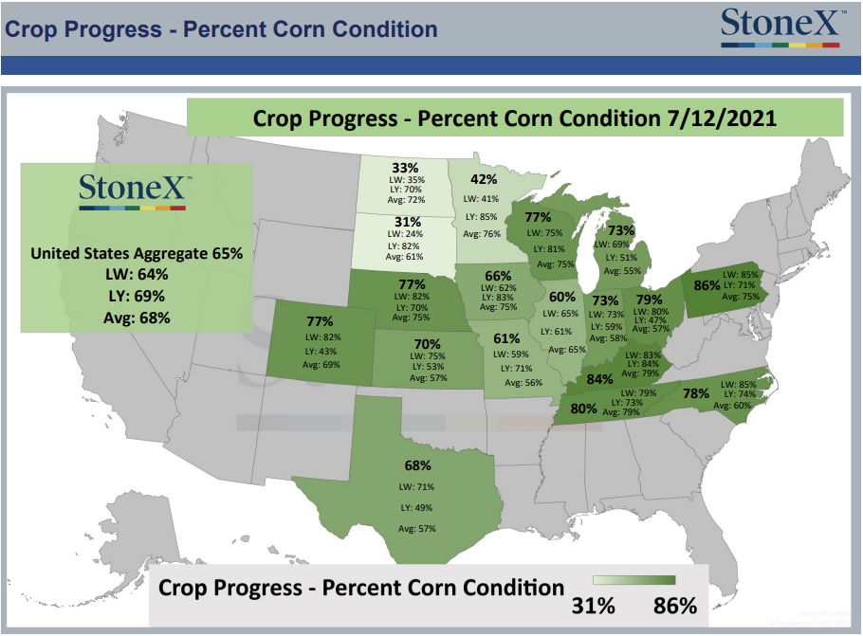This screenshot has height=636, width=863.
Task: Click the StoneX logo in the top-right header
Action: point(781,27)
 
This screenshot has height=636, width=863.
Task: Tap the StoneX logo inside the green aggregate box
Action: point(133,191)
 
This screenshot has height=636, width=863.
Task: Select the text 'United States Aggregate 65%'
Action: point(137,253)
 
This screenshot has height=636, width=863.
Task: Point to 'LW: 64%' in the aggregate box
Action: point(137,275)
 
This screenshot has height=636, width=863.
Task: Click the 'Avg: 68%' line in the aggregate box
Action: point(137,318)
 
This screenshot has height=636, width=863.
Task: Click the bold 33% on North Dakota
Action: point(405,168)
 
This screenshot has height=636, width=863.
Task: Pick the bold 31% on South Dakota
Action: point(407,222)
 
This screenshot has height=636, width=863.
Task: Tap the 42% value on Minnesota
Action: point(484,179)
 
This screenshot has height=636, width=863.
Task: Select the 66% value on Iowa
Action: point(498,276)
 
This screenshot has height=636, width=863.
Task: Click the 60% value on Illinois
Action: point(562,297)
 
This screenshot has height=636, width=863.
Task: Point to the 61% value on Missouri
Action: point(506,338)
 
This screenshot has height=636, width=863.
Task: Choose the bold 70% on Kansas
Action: point(427,344)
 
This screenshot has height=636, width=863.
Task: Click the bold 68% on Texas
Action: point(417,466)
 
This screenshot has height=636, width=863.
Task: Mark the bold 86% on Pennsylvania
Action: point(707,285)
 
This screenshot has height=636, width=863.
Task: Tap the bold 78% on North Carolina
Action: point(696,394)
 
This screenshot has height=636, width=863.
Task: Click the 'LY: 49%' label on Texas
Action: point(416,508)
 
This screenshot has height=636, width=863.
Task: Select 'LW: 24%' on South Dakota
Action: point(405,234)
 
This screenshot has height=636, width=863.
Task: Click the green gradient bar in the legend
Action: point(634,580)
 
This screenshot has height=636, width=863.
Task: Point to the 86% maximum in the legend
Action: point(675,606)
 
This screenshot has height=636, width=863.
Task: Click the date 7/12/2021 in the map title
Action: point(722,118)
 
